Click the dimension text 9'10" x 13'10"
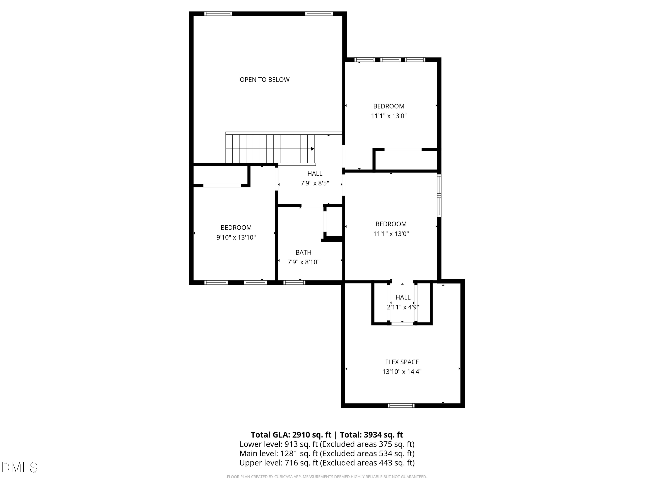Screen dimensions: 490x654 point(236,237)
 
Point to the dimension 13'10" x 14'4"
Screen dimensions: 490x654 point(402,372)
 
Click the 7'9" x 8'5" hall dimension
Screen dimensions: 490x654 point(315,183)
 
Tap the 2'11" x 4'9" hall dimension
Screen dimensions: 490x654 point(403,307)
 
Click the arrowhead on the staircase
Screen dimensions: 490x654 point(313,149)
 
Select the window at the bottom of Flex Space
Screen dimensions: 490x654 point(401,406)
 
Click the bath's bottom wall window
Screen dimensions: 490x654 point(294,283)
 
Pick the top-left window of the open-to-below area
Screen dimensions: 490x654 point(218,14)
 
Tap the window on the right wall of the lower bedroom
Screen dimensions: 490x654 point(439,196)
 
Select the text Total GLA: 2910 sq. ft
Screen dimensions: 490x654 point(291,435)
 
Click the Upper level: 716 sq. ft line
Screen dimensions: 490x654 point(327,463)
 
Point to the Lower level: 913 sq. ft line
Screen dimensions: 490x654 point(327,444)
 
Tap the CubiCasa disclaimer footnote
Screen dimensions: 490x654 point(327,477)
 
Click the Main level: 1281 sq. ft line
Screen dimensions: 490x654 point(327,453)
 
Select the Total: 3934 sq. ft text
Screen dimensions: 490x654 point(371,435)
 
